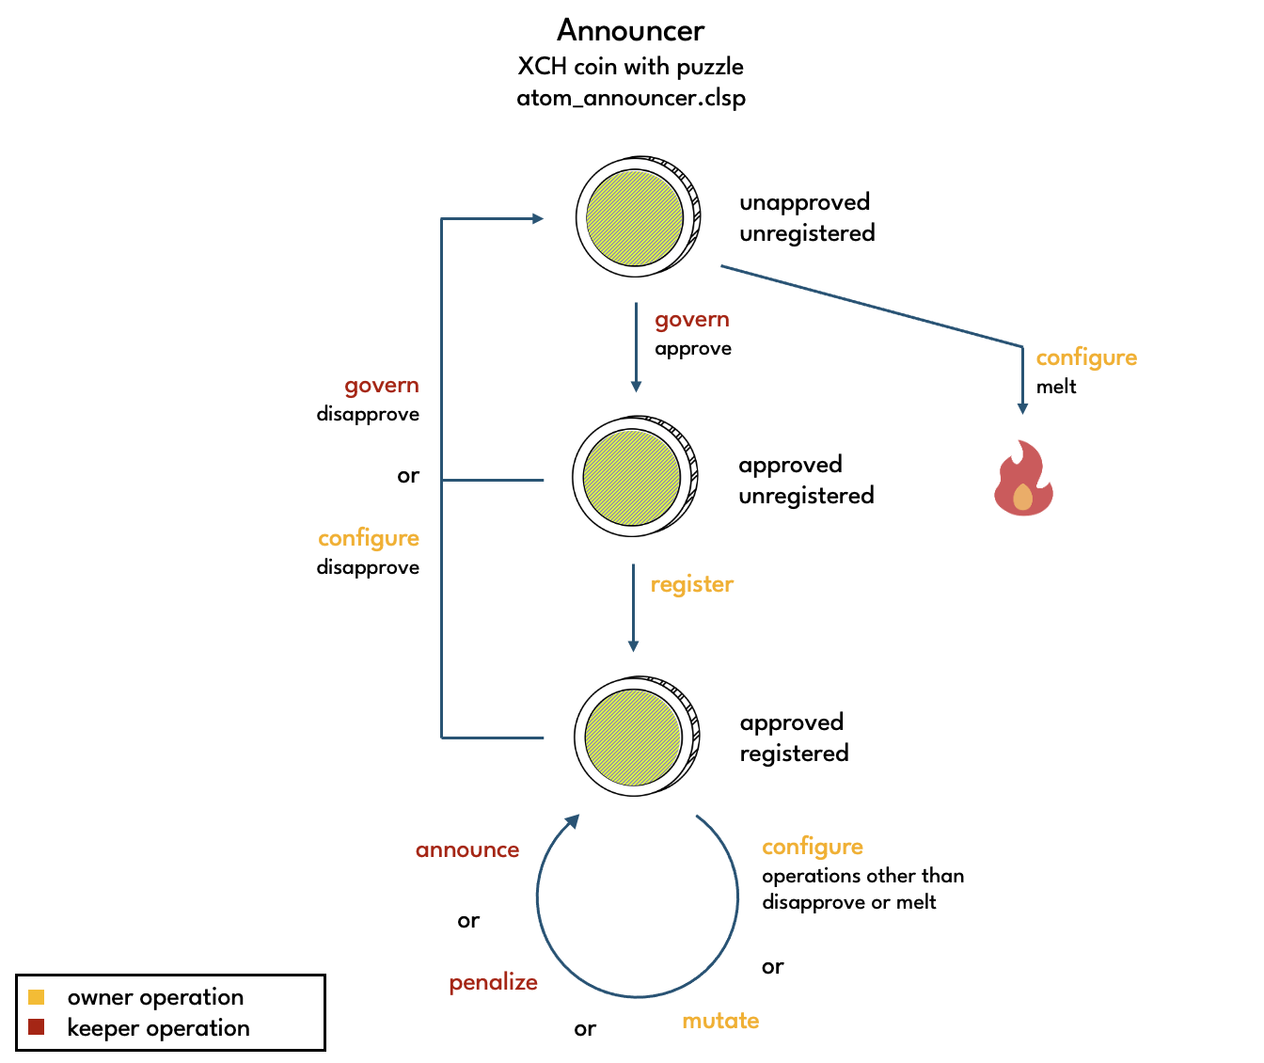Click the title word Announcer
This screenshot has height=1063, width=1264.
click(630, 31)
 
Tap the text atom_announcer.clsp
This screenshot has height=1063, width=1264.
click(630, 98)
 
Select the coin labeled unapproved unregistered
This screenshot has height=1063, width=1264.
click(638, 217)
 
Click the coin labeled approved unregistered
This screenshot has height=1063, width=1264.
click(635, 478)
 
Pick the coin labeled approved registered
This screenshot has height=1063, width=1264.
click(637, 737)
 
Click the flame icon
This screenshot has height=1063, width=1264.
click(1023, 479)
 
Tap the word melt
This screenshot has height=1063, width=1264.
click(1056, 387)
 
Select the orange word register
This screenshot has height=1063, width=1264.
click(691, 584)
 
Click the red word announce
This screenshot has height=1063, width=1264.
click(467, 850)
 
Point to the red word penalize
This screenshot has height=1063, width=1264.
click(493, 983)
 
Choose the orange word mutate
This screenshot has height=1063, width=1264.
click(720, 1021)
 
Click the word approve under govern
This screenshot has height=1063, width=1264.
click(693, 349)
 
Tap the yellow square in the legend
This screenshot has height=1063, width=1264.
click(37, 997)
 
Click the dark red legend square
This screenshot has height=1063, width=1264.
click(37, 1027)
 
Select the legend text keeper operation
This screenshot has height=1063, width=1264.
click(158, 1028)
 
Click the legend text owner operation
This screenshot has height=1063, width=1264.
click(155, 997)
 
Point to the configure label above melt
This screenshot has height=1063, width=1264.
click(1086, 357)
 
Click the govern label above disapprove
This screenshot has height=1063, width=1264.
click(381, 386)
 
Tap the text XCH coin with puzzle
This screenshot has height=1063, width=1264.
click(630, 67)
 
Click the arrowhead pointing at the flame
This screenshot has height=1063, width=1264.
click(1022, 409)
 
